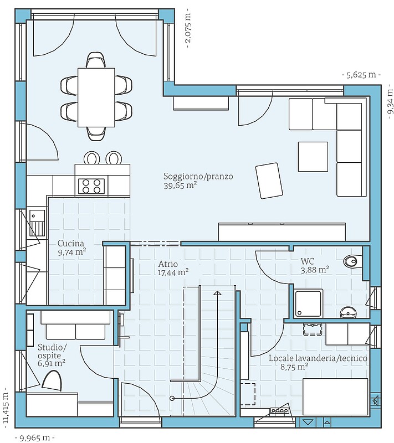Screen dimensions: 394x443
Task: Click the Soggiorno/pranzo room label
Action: click(198, 176)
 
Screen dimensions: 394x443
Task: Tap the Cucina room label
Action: click(71, 243)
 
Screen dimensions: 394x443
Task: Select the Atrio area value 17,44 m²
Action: click(173, 272)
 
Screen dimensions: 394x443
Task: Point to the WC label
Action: click(307, 261)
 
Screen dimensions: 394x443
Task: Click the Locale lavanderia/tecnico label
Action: click(318, 358)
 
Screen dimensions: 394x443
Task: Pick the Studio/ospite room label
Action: click(52, 351)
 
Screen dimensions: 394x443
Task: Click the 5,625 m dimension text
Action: click(361, 75)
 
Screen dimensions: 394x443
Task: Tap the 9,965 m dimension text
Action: click(34, 438)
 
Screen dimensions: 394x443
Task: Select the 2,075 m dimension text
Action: click(188, 28)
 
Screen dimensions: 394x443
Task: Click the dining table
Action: click(96, 97)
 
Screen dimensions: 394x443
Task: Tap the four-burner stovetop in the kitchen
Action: click(91, 186)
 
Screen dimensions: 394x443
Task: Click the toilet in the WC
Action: click(353, 261)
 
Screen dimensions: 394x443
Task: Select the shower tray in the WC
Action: click(308, 303)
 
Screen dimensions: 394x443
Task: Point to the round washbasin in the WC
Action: click(349, 312)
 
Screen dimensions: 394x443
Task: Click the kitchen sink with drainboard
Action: click(37, 223)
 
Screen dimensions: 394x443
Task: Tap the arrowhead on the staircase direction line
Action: click(217, 293)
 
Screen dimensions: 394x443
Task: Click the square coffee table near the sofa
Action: click(313, 157)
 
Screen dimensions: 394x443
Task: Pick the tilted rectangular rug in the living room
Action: click(269, 181)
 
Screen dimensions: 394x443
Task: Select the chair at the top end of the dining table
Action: click(96, 60)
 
